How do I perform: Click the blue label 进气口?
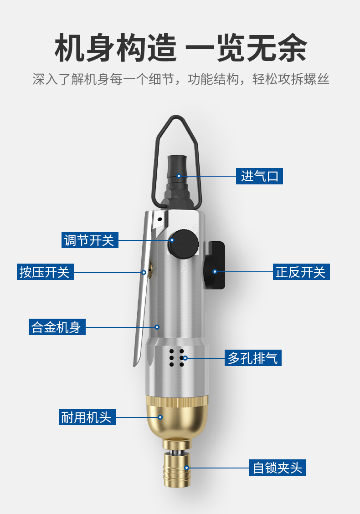tap(259, 176)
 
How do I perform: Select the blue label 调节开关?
tap(90, 240)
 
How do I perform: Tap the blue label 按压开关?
tap(45, 272)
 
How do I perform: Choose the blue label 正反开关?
tap(301, 272)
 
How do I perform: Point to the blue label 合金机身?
tap(57, 327)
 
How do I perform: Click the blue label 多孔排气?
tap(253, 358)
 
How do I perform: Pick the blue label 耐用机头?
tap(87, 417)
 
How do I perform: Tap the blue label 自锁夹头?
tap(278, 468)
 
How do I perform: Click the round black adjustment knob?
tap(184, 243)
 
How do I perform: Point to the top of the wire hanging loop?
tap(176, 116)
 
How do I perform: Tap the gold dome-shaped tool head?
tap(177, 418)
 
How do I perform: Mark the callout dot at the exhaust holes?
tap(185, 358)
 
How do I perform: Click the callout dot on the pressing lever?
tap(144, 272)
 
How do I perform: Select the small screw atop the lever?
tap(159, 219)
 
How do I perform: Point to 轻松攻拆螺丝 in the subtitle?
tap(290, 79)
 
